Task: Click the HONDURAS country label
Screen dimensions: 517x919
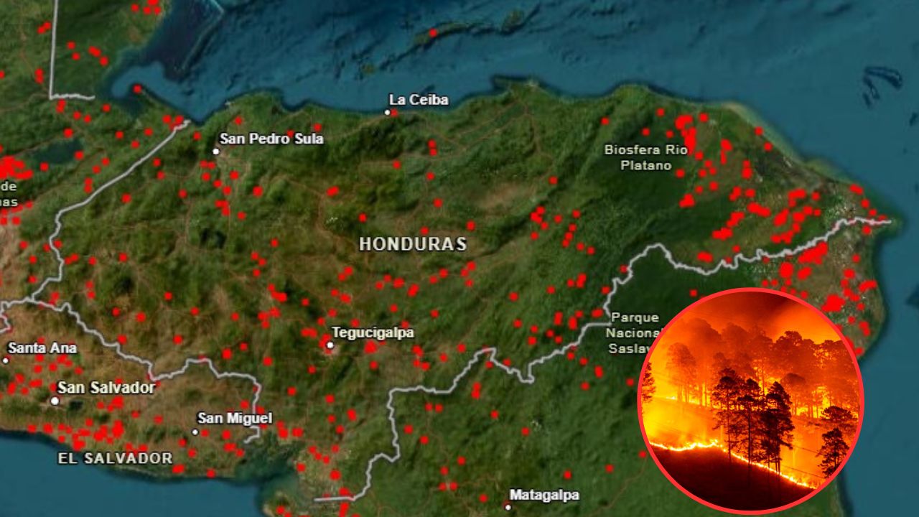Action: point(413,244)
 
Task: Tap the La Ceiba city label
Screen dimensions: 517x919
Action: point(419,100)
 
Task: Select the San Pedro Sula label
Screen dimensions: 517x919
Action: point(271,139)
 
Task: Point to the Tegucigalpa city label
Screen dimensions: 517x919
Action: point(373,333)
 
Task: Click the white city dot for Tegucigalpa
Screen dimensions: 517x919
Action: point(330,345)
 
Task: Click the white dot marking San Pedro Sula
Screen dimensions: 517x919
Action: point(215,151)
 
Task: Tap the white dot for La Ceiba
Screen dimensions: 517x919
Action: point(388,112)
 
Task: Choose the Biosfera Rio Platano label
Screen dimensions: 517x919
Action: point(645,157)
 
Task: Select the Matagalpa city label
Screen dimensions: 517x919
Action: point(544,495)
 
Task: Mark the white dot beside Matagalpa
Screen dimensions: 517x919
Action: point(508,506)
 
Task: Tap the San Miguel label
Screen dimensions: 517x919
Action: point(235,418)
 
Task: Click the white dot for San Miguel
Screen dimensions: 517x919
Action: point(195,432)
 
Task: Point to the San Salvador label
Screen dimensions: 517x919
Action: point(106,388)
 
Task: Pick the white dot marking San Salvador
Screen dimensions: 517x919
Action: point(55,401)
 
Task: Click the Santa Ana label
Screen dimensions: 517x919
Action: point(42,348)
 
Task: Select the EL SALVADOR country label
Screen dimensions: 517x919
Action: point(116,458)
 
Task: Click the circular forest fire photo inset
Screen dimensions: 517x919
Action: point(750,400)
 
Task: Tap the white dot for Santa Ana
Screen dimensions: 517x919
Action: point(6,360)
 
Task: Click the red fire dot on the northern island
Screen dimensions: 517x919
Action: point(433,32)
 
